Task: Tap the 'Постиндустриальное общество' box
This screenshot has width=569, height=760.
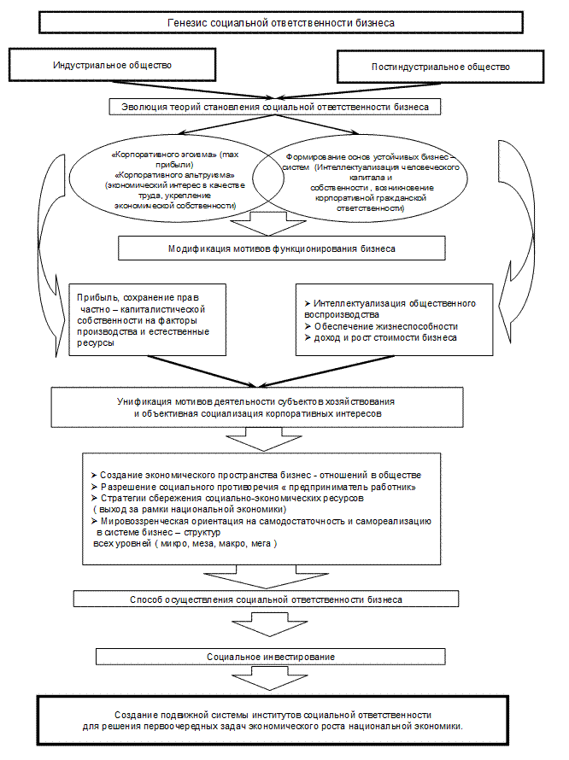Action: click(x=440, y=67)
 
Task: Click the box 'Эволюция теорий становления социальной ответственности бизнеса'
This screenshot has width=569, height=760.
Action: click(x=275, y=108)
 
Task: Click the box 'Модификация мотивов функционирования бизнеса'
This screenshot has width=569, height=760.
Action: click(x=281, y=248)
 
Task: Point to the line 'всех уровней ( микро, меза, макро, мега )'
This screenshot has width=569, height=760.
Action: click(x=185, y=543)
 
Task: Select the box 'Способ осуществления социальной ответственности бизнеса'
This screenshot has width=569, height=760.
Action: click(x=266, y=599)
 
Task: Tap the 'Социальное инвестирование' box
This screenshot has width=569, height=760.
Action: click(x=270, y=657)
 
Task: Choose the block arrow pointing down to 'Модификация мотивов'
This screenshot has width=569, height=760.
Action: click(x=267, y=225)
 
